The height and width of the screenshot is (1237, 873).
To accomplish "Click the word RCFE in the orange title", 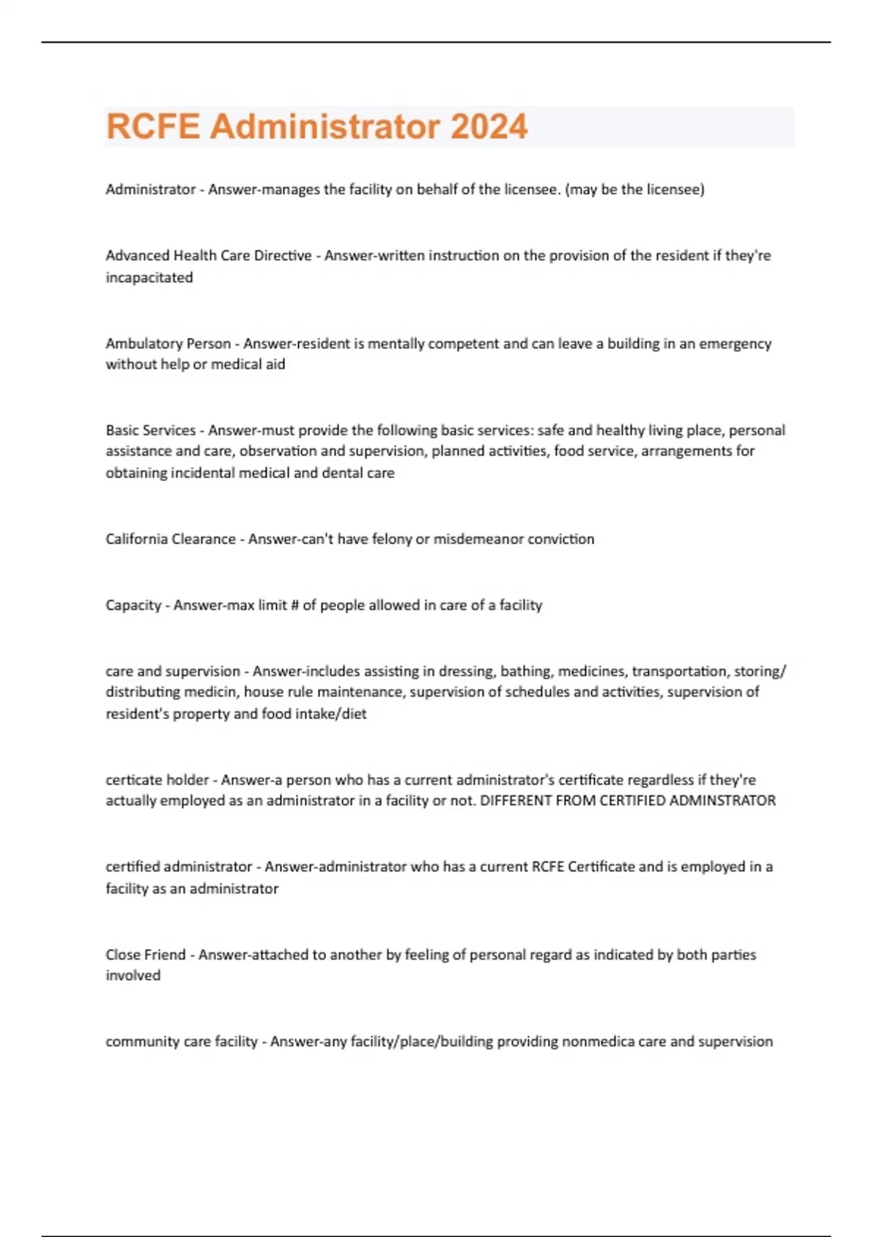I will [153, 127].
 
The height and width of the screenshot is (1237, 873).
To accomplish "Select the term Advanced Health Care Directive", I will [208, 255].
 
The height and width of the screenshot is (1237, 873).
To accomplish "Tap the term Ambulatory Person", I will [168, 343].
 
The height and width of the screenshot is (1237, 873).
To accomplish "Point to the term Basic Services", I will [151, 430].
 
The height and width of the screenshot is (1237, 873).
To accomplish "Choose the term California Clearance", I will [170, 539].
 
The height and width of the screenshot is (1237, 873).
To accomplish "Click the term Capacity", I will [133, 605].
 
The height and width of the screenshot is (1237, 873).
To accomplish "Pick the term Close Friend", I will [145, 955].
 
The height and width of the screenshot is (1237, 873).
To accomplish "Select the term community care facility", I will [181, 1042].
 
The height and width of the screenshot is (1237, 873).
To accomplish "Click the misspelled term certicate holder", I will [157, 780].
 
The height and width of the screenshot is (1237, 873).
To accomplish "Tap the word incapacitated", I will [149, 277].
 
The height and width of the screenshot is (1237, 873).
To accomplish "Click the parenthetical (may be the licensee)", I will [634, 189].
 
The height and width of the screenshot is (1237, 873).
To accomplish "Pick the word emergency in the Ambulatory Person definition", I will [735, 343].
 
